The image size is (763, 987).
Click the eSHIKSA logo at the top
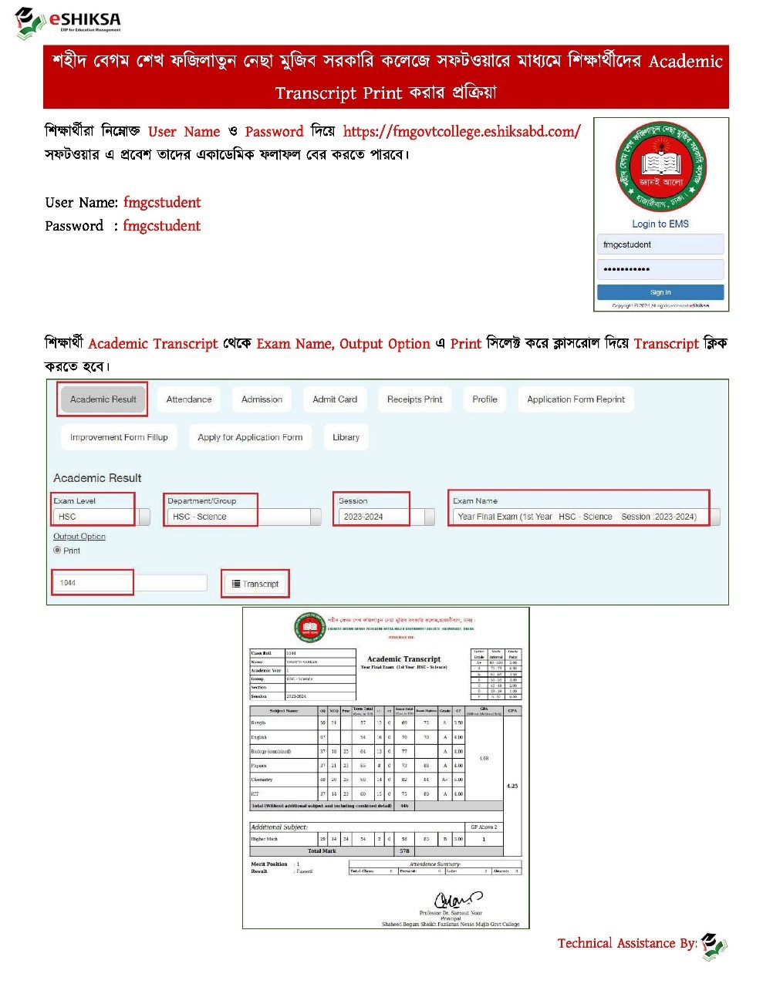tap(68, 22)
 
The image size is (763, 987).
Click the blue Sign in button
tap(660, 292)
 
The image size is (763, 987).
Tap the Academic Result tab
tap(103, 399)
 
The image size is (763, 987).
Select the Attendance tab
tap(188, 399)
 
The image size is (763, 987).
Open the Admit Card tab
tap(335, 399)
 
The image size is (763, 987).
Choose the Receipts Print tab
tap(414, 399)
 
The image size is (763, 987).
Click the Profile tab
tap(484, 399)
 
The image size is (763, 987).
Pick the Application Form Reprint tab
tap(576, 399)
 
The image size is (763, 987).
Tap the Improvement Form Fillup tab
tap(119, 437)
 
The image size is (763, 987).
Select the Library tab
tap(346, 437)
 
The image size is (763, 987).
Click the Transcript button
tap(255, 584)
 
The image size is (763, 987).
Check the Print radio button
tap(57, 551)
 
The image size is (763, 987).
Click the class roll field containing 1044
tap(129, 583)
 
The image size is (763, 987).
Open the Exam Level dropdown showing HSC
tap(101, 517)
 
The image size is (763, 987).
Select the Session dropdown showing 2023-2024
tap(385, 517)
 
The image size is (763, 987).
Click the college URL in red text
tap(461, 131)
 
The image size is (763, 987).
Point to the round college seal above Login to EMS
tap(660, 167)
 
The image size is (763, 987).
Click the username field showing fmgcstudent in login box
tap(660, 244)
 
